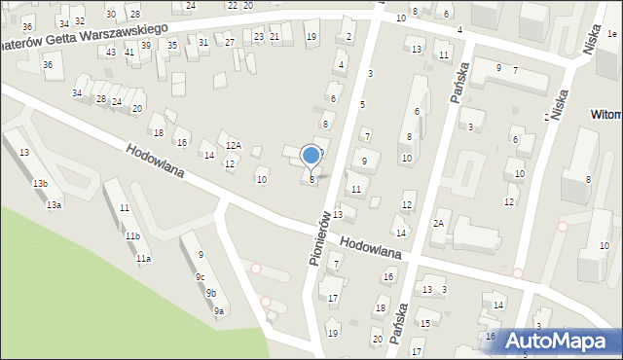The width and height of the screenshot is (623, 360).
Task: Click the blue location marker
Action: pos(311,156)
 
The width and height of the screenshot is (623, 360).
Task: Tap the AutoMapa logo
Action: pos(555,341)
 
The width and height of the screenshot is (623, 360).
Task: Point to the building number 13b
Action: pos(40,184)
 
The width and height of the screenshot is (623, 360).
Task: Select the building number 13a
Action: pos(54,205)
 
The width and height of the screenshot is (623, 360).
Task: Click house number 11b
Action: pos(131,236)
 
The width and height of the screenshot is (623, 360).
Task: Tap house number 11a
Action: pos(143,258)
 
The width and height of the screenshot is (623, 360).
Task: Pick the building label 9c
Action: pos(200,276)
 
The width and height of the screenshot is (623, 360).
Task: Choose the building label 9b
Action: pos(210,293)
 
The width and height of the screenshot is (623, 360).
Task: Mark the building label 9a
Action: pos(219,310)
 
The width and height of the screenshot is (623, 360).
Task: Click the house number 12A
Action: pos(234,145)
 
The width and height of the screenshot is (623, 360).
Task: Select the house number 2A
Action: pos(439,224)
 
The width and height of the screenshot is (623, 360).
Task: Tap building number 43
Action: pos(112,52)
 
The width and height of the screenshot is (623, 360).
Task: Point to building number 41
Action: pos(129,52)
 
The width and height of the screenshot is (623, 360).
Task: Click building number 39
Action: pos(146,46)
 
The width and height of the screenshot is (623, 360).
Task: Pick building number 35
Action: pos(172,46)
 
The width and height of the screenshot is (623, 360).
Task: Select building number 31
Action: pos(203,42)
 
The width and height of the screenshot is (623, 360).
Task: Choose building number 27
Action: pos(230,42)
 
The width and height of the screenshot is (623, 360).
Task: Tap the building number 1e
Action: pos(611,34)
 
